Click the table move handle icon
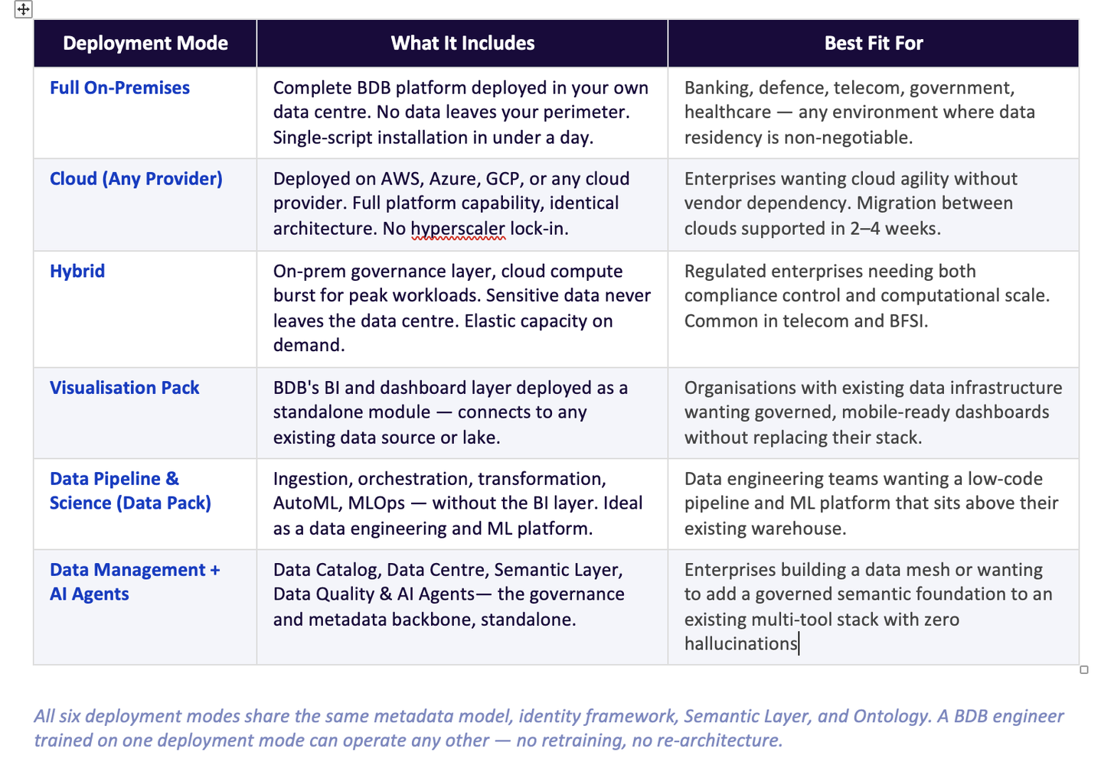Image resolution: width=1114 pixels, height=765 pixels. point(24,9)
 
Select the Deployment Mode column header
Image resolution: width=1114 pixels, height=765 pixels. point(145,44)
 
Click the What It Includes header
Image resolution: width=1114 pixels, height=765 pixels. point(462,44)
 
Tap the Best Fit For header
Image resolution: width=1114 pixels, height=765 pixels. point(873,44)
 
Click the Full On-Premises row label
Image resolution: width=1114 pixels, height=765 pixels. point(119,88)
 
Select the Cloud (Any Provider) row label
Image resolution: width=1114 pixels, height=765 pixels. point(136,179)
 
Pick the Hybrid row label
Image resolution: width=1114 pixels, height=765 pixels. point(77,272)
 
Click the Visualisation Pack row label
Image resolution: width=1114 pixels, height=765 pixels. point(124,388)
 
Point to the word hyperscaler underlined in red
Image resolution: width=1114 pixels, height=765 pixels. point(458,229)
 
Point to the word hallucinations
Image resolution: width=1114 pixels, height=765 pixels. point(740,644)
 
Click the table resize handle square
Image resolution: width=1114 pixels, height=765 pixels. point(1084,670)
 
